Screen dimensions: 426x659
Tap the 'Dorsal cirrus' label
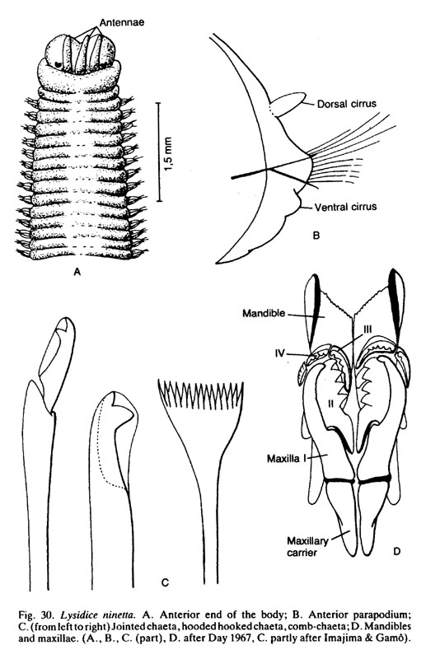[x=347, y=104]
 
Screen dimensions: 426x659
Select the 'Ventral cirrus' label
[x=345, y=207]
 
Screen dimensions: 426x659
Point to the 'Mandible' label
[x=264, y=313]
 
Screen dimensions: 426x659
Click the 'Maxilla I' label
[x=286, y=458]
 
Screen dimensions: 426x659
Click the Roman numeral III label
[x=367, y=330]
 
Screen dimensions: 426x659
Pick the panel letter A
[x=77, y=273]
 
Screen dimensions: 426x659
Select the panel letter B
[x=316, y=236]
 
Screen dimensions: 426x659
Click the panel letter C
[x=165, y=582]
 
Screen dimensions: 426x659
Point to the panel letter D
[x=396, y=550]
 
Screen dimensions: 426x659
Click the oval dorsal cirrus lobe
[x=288, y=104]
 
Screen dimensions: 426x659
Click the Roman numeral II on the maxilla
[x=331, y=404]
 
